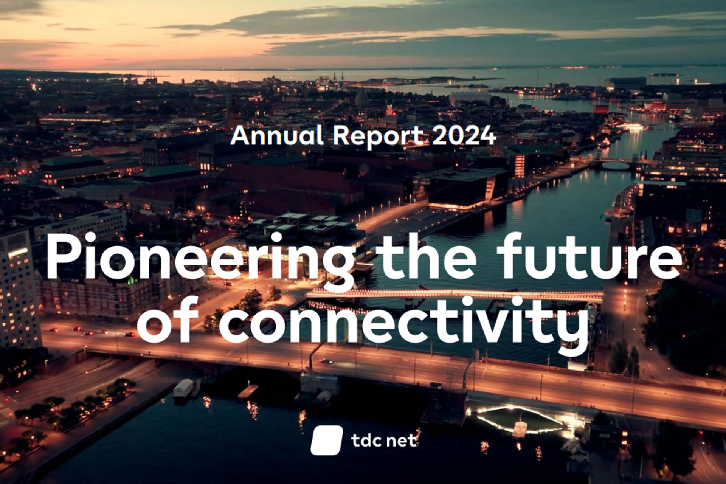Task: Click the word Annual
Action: pos(277,135)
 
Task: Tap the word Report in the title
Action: pos(379,137)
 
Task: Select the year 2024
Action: pos(464,135)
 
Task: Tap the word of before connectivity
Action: pos(168,319)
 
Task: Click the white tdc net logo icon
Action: pos(327,440)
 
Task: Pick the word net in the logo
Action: pos(402,441)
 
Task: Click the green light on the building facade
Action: pos(131,280)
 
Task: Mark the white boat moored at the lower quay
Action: pos(184,388)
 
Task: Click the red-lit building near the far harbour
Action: pos(601,109)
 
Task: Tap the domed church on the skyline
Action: pos(362,98)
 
